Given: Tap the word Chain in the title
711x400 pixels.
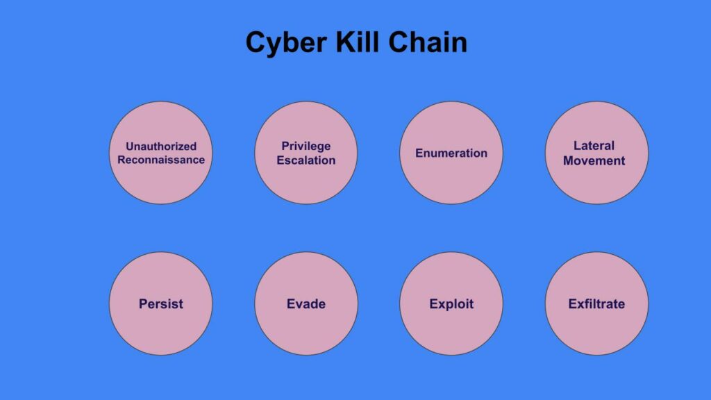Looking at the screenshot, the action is point(428,42).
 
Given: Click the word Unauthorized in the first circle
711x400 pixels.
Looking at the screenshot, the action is point(161,147).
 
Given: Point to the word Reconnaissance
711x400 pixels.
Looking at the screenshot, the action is point(161,160).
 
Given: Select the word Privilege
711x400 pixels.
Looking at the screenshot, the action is point(306,147).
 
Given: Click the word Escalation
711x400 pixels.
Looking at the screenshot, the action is point(306,160).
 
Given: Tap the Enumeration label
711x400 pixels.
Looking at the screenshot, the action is point(451,153).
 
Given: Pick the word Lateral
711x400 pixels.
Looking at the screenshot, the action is point(594,146).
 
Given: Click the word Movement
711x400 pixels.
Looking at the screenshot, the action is point(594,160).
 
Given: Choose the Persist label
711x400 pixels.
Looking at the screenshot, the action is point(161,304).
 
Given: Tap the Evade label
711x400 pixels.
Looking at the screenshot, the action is point(306,304).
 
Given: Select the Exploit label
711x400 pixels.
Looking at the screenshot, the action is point(451,304).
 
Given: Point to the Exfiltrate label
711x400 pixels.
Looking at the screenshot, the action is point(596,304).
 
